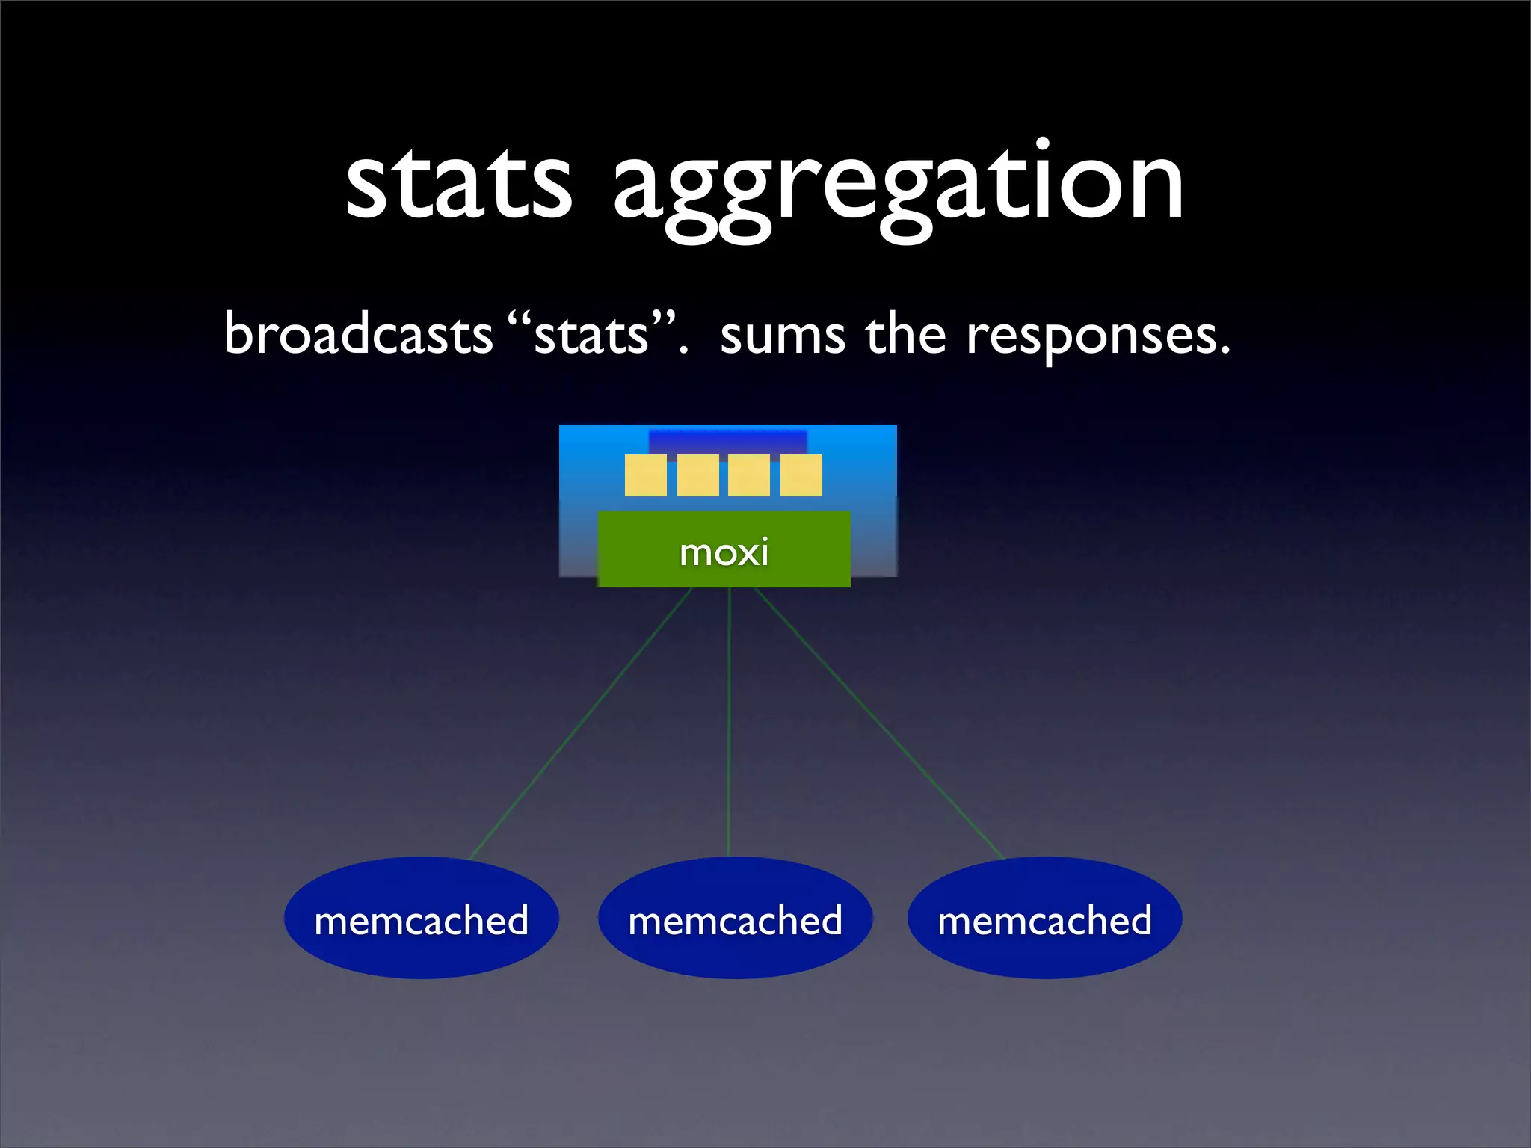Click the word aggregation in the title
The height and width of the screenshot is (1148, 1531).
[x=897, y=187]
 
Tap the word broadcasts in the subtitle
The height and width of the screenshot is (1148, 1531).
[x=359, y=334]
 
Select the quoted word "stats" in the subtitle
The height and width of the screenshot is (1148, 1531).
[x=591, y=334]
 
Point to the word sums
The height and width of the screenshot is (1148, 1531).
[x=782, y=336]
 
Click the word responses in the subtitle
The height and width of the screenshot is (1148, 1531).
[x=1095, y=336]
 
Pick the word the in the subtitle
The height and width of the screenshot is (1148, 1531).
[x=905, y=334]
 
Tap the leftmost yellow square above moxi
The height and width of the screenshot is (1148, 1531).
[x=645, y=475]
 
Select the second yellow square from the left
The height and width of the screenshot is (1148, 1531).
[x=697, y=475]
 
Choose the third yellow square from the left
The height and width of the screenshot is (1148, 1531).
[x=749, y=475]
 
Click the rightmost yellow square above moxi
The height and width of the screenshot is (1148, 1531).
[x=801, y=475]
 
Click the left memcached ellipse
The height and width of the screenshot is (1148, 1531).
[x=421, y=918]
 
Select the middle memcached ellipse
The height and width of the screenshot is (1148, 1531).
[x=735, y=918]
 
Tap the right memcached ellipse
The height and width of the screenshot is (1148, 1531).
[x=1044, y=918]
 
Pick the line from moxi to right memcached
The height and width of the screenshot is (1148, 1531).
[x=878, y=723]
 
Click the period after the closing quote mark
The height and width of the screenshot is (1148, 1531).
[x=683, y=350]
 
